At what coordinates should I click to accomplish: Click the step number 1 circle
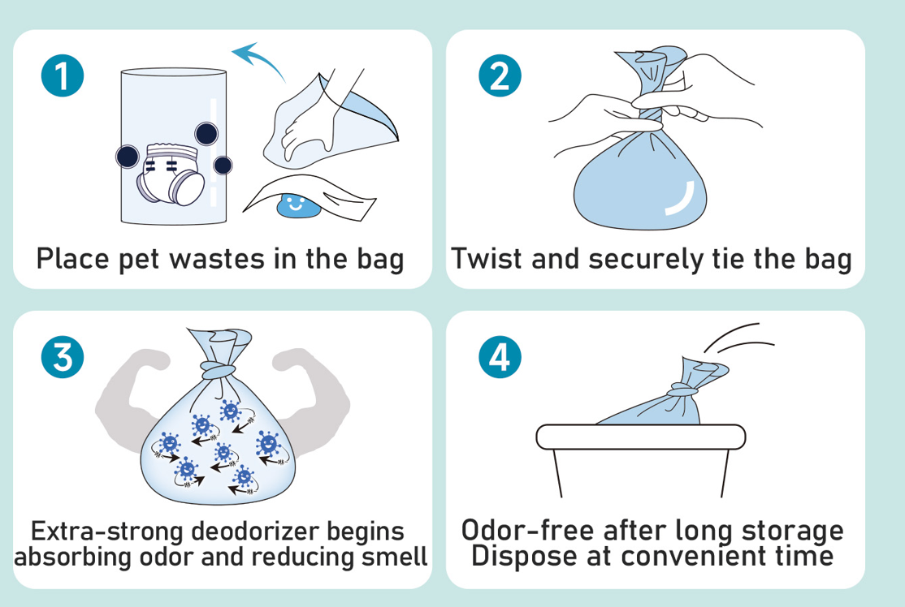(63, 75)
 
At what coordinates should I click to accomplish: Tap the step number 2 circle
(500, 75)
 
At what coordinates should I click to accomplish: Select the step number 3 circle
(63, 357)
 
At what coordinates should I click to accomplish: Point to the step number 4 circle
(500, 357)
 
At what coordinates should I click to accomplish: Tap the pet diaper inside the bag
(171, 174)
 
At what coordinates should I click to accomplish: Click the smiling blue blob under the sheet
(297, 206)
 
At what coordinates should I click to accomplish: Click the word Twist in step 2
(487, 258)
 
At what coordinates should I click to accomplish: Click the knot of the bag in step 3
(218, 369)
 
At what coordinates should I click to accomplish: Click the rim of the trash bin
(641, 437)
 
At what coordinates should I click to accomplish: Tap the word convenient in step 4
(696, 557)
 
